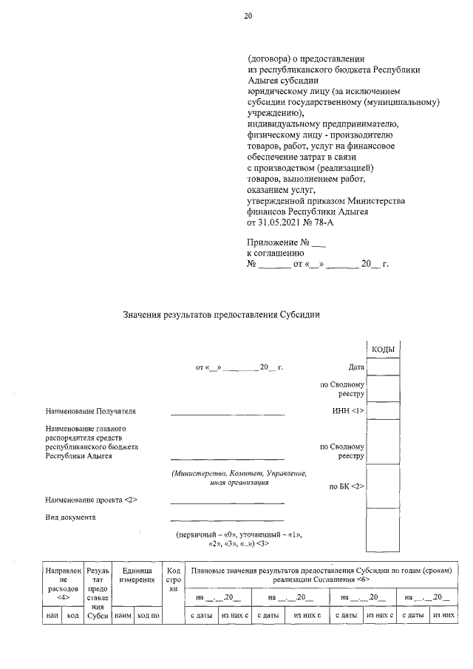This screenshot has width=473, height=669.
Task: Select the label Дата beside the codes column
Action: point(356,367)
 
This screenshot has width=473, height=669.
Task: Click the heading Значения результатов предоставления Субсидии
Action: point(221,315)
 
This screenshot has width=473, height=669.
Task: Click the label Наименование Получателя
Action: point(90,411)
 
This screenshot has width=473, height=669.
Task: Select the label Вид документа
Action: point(70,517)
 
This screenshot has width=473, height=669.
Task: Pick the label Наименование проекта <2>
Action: point(91,500)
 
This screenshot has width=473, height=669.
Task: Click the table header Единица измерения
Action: point(132,577)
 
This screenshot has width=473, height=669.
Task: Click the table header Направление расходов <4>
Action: point(62,581)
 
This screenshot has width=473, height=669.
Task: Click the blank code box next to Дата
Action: point(383,367)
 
